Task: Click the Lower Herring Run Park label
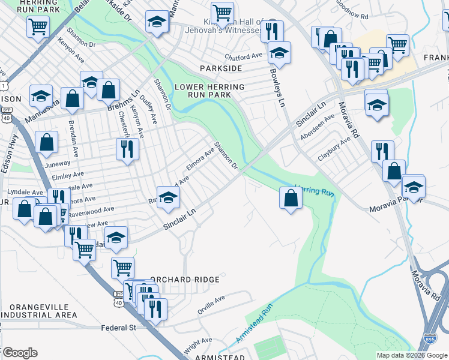pos(209,91)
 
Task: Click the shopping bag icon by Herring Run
pos(291,197)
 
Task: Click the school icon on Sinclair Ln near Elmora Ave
pos(169,197)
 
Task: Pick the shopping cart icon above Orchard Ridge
pos(122,266)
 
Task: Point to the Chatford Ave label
pos(244,56)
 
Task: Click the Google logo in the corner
pos(20,353)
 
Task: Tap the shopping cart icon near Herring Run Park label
pos(38,26)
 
